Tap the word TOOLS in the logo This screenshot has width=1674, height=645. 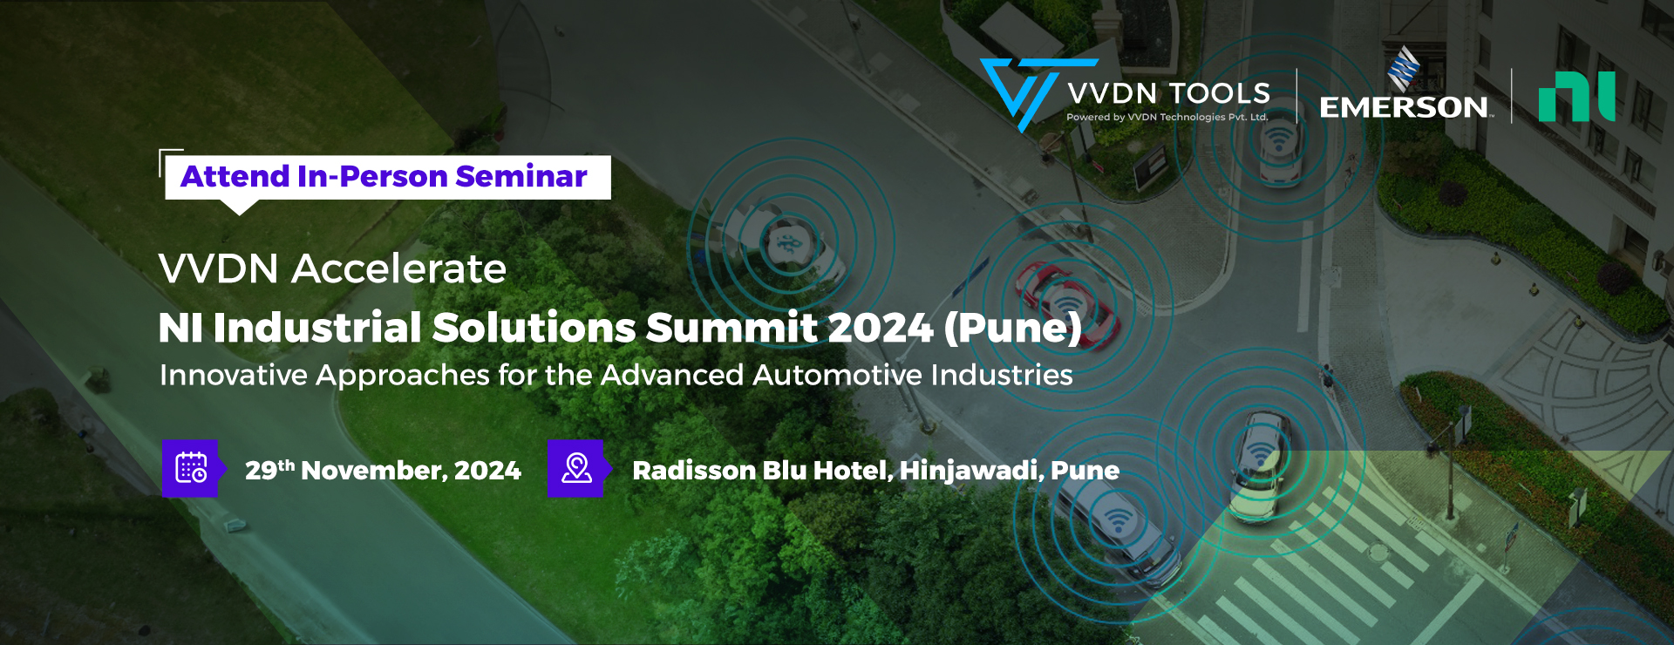[x=1219, y=93]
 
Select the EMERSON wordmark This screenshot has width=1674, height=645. [x=1404, y=107]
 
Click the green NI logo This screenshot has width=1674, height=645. [x=1576, y=96]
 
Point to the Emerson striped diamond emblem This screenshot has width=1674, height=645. [x=1404, y=68]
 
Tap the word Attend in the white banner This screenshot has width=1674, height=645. [x=235, y=176]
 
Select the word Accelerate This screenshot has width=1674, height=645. [x=398, y=268]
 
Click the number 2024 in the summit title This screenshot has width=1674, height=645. [x=880, y=328]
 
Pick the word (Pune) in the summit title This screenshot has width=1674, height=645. [x=1012, y=328]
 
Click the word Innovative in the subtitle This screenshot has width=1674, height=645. [x=234, y=375]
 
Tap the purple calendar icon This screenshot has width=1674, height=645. [x=190, y=468]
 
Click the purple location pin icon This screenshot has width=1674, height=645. [x=575, y=468]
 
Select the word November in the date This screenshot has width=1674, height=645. [x=374, y=471]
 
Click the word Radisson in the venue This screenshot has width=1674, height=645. [x=694, y=471]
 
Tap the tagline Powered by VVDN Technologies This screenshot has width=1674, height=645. [x=1167, y=117]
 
